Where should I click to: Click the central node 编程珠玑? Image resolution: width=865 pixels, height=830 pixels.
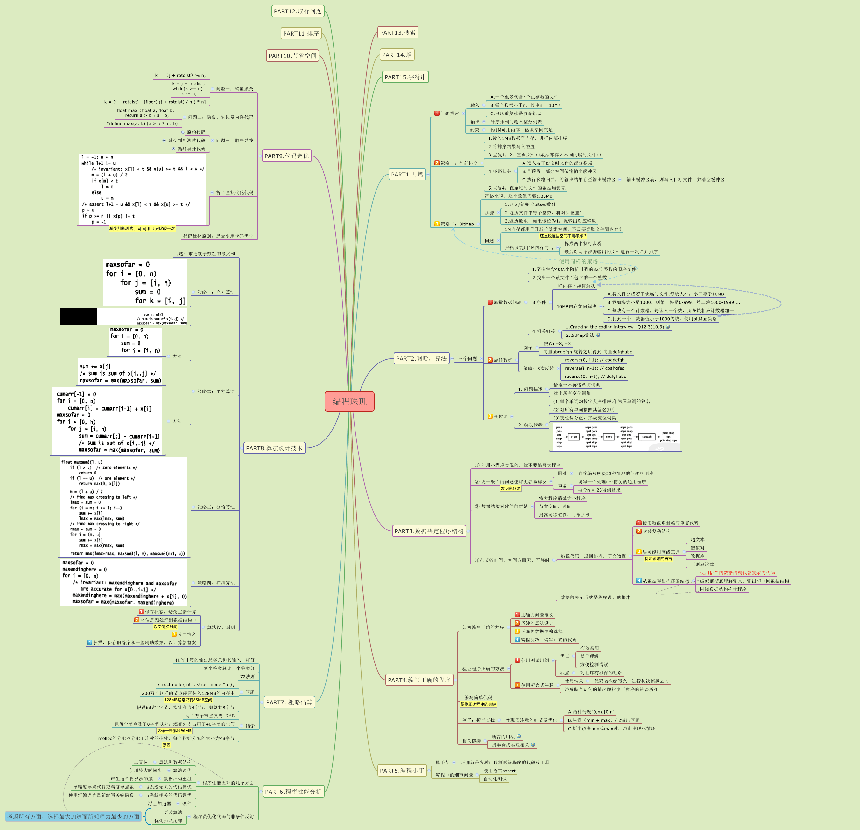[x=349, y=401]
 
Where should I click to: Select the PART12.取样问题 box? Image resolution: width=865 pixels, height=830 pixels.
[x=298, y=11]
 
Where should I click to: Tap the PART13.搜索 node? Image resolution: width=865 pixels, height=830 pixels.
[x=397, y=33]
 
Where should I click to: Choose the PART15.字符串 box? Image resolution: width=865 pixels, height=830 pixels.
[x=405, y=77]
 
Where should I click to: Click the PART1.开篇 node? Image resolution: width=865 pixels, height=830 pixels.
[x=407, y=174]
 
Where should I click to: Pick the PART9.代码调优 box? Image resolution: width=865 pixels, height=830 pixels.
[x=287, y=156]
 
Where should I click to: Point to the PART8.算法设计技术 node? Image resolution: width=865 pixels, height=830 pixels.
[x=274, y=448]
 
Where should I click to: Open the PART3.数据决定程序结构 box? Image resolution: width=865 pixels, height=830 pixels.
[x=429, y=531]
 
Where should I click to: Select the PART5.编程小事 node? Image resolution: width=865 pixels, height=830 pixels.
[x=402, y=771]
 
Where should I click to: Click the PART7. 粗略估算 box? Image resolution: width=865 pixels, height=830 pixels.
[x=289, y=702]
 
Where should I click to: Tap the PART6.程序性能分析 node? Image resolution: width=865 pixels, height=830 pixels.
[x=293, y=792]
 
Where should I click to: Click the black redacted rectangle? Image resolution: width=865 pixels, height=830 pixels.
[x=78, y=317]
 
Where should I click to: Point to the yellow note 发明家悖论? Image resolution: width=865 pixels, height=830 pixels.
[x=510, y=488]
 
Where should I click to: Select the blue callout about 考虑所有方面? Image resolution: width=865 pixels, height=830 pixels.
[x=74, y=816]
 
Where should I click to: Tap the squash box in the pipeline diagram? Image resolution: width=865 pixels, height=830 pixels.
[x=647, y=437]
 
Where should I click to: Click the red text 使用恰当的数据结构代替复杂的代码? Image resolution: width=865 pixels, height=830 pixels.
[x=737, y=572]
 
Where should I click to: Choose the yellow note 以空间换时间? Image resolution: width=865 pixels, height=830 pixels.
[x=165, y=627]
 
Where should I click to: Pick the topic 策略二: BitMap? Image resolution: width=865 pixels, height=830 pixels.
[x=457, y=224]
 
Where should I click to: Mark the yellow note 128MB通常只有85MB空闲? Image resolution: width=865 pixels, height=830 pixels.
[x=188, y=700]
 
